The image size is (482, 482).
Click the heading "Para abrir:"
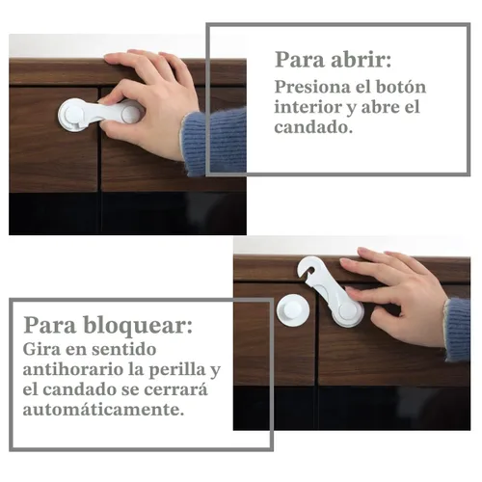coord(333,60)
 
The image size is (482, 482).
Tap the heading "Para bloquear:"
coord(108,326)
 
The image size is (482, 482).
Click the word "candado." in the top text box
coord(313,127)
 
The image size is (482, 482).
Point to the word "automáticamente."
coord(103,410)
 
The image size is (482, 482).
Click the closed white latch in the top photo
coord(96,115)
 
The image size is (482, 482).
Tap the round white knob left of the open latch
coord(293,310)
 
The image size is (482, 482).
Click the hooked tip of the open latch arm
coord(305,268)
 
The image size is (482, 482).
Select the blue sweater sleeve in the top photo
coord(213,142)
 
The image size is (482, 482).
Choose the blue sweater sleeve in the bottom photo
coord(457,330)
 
